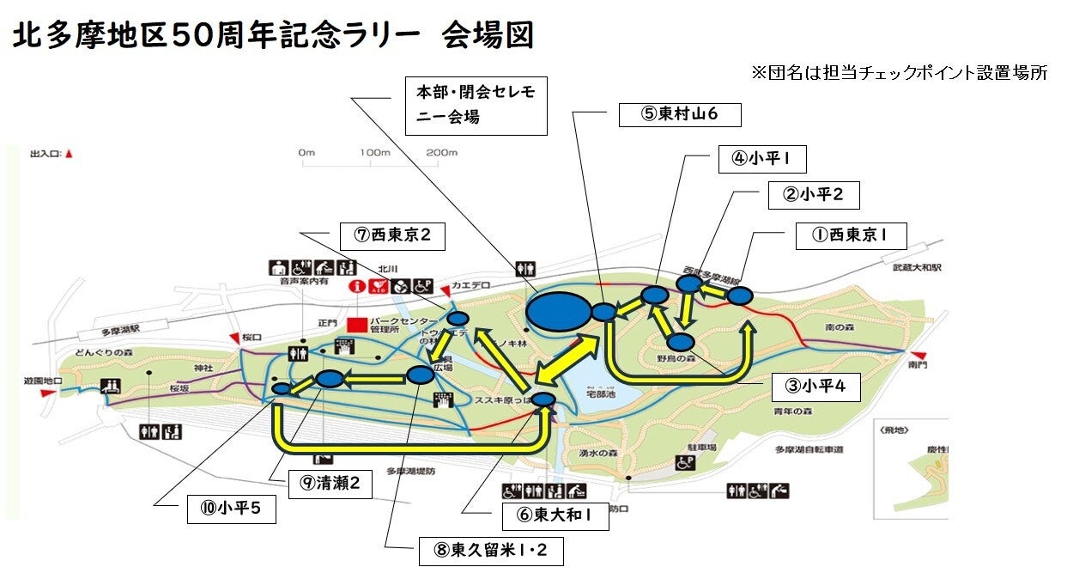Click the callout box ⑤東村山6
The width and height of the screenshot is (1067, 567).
pyautogui.click(x=679, y=115)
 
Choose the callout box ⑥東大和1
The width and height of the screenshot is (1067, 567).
pyautogui.click(x=555, y=515)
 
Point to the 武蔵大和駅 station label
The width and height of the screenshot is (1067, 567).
pyautogui.click(x=916, y=268)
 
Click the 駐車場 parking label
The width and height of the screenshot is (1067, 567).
pyautogui.click(x=702, y=448)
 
